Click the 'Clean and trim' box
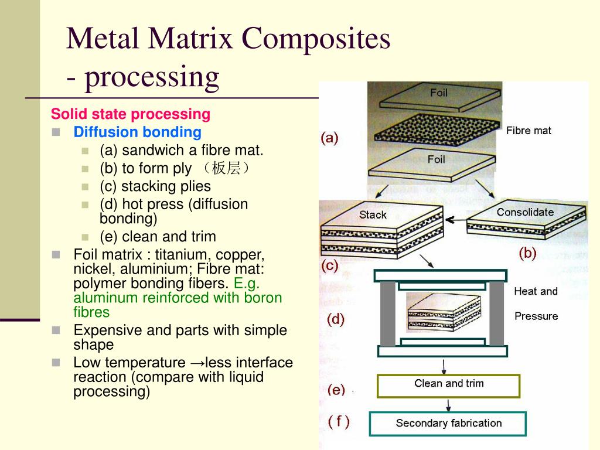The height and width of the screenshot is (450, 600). [448, 384]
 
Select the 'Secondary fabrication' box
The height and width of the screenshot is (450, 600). [448, 423]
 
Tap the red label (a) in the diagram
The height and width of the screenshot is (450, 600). [329, 138]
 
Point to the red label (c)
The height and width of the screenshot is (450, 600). [329, 265]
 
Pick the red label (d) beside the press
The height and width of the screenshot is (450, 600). [335, 319]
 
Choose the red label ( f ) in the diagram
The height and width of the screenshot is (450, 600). [339, 421]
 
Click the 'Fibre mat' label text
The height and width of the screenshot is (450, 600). [529, 131]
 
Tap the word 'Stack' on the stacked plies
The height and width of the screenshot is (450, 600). [373, 215]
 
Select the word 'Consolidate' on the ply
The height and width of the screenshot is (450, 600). [525, 212]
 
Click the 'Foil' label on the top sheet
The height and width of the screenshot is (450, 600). [439, 93]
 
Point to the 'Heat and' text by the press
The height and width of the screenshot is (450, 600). [536, 291]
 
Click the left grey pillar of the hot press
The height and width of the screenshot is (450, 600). [387, 313]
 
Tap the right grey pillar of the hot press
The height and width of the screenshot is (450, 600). [497, 313]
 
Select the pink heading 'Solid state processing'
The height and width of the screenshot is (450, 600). [130, 114]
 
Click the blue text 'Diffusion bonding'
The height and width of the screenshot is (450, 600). [137, 132]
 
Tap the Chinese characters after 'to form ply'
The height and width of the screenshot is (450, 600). [226, 169]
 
